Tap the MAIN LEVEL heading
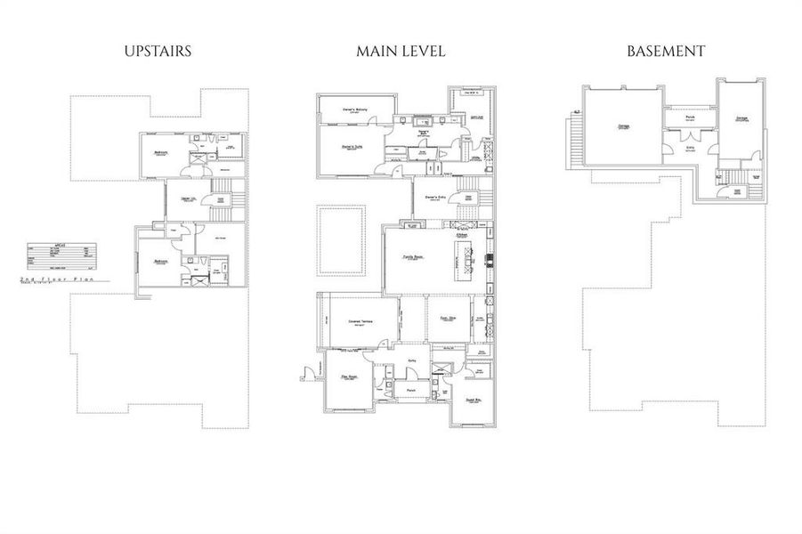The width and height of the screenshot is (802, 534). click(401, 51)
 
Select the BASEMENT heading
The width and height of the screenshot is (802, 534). click(666, 51)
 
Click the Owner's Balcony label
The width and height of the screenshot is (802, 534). click(356, 110)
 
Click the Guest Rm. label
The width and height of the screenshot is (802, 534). click(474, 400)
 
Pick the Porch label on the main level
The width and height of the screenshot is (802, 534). click(411, 390)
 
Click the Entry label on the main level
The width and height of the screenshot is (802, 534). click(412, 360)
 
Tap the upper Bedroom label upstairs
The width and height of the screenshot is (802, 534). click(161, 152)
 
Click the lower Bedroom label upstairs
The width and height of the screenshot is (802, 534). click(160, 262)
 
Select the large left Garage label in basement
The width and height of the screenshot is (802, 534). click(621, 126)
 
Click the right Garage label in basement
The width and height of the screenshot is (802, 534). click(741, 117)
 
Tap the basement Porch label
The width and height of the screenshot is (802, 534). click(690, 117)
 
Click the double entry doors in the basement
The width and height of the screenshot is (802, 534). click(690, 136)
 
